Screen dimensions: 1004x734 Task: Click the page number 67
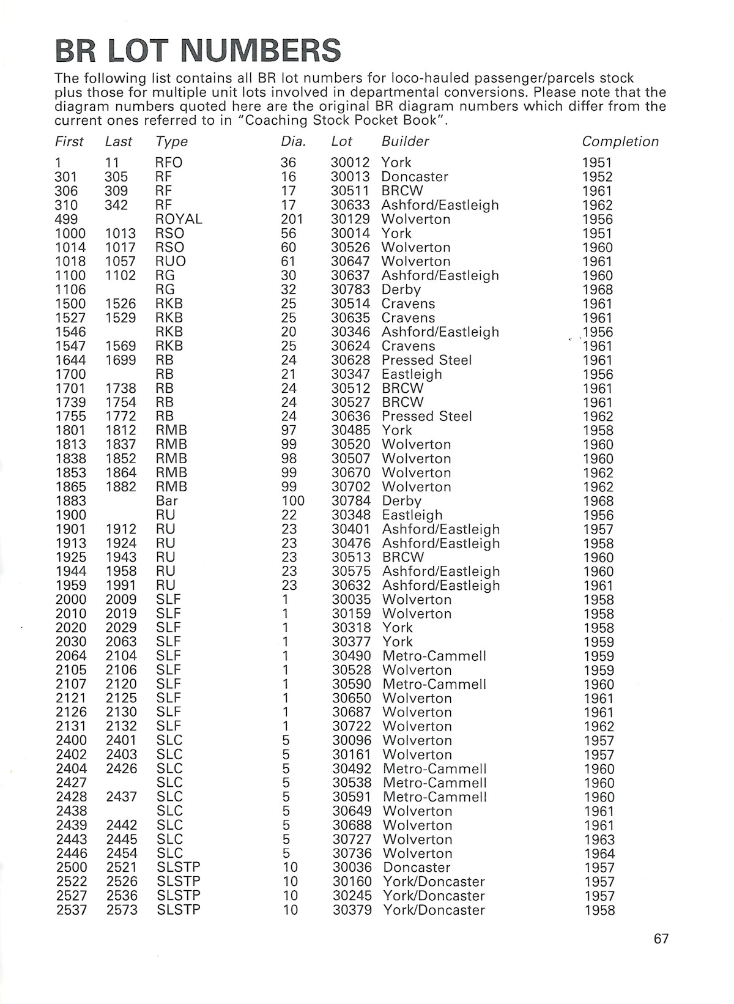tap(661, 939)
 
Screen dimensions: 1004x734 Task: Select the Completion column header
tap(620, 141)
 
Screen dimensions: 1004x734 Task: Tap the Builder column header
tap(405, 141)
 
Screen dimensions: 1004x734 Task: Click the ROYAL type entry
tap(179, 219)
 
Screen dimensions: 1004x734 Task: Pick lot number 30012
tap(350, 163)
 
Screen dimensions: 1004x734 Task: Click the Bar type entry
tap(167, 501)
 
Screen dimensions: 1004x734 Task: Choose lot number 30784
tap(351, 501)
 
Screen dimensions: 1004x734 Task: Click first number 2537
tap(71, 910)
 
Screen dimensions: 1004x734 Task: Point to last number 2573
tap(121, 910)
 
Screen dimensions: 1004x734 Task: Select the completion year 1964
tap(599, 853)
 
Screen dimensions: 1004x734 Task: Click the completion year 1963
tap(599, 839)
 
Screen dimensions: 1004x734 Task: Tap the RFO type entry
tap(169, 163)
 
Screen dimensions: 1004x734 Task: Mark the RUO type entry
tap(171, 261)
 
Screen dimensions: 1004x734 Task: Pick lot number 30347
tap(351, 374)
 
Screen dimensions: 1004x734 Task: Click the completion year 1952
tap(597, 177)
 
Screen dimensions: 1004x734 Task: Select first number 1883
tap(71, 501)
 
